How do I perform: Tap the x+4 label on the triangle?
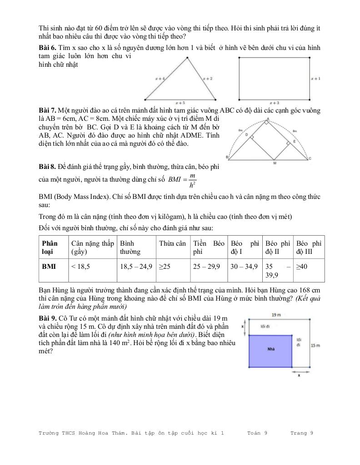pos(160,79)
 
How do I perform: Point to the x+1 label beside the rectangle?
pos(315,79)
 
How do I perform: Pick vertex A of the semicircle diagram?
pos(268,119)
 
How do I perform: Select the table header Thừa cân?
pos(172,243)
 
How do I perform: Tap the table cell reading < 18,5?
pos(81,267)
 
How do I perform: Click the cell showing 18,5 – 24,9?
pos(135,267)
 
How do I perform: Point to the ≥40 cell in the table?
pos(302,267)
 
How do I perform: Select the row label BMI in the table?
pos(49,267)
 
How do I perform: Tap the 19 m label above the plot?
pos(275,315)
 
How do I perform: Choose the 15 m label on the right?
pos(315,345)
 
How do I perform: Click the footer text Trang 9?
pos(302,433)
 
